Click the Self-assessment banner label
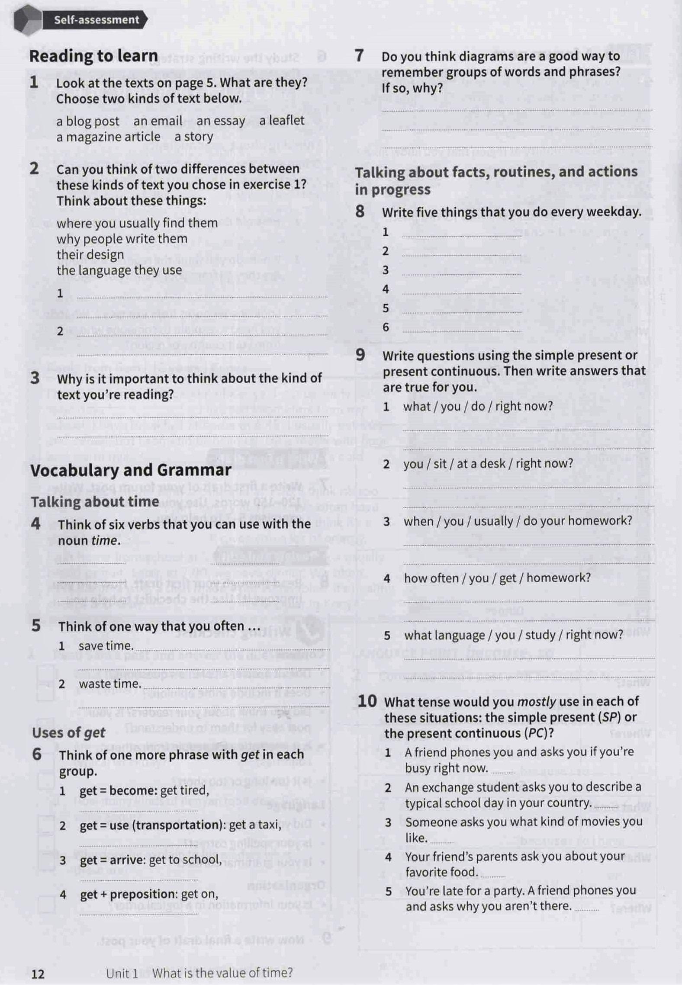tap(96, 20)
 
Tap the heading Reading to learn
tap(93, 56)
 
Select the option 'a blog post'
tap(87, 122)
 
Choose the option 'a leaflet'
tap(282, 120)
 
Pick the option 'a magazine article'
tap(108, 137)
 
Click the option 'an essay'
tap(221, 121)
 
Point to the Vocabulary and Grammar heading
tap(131, 470)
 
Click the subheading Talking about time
tap(95, 502)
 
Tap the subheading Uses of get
tap(68, 732)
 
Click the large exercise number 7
tap(359, 56)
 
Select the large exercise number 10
tap(367, 701)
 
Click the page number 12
tap(38, 974)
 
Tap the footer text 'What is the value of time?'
tap(222, 973)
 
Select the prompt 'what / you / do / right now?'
tap(478, 406)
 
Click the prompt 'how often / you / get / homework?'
tap(497, 578)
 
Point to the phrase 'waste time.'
tap(110, 684)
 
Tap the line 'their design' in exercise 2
tap(90, 255)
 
